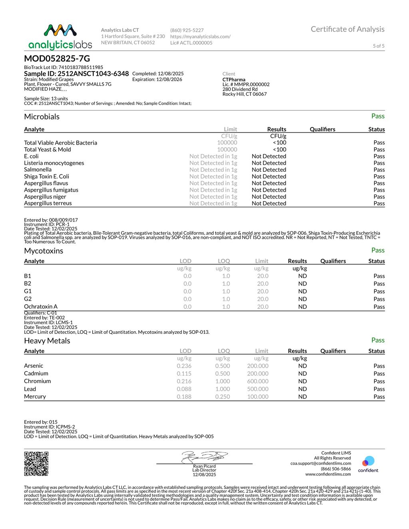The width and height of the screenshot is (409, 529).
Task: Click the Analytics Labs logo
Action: pyautogui.click(x=60, y=37)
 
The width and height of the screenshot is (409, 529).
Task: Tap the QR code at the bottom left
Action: pyautogui.click(x=36, y=464)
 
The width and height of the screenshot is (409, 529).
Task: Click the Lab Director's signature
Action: pyautogui.click(x=204, y=457)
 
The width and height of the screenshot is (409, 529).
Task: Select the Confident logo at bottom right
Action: pyautogui.click(x=368, y=464)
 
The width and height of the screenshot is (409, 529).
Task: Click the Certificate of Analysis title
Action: pyautogui.click(x=347, y=29)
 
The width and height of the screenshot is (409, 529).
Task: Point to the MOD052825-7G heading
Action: pyautogui.click(x=57, y=58)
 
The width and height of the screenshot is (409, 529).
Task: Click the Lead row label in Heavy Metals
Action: pyautogui.click(x=30, y=389)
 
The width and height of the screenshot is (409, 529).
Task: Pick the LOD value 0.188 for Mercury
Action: pyautogui.click(x=184, y=396)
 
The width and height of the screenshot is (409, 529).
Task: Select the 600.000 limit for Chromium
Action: pyautogui.click(x=258, y=381)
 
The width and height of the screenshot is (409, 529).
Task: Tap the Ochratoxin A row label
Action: pyautogui.click(x=41, y=307)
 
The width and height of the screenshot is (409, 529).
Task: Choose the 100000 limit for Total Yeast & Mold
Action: pyautogui.click(x=227, y=149)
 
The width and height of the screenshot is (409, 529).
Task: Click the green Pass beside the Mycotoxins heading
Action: pyautogui.click(x=377, y=250)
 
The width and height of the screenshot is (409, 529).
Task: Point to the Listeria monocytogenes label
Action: pyautogui.click(x=54, y=163)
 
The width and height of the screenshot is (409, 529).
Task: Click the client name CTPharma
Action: pyautogui.click(x=234, y=79)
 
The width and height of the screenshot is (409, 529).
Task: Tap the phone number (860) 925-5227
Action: pyautogui.click(x=187, y=30)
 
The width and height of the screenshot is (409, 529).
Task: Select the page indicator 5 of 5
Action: pyautogui.click(x=378, y=46)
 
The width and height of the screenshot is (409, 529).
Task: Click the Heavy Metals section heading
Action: pyautogui.click(x=47, y=341)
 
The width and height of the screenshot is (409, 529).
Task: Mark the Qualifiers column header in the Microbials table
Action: pyautogui.click(x=322, y=129)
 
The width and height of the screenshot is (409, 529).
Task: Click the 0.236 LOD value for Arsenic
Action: pyautogui.click(x=184, y=366)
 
